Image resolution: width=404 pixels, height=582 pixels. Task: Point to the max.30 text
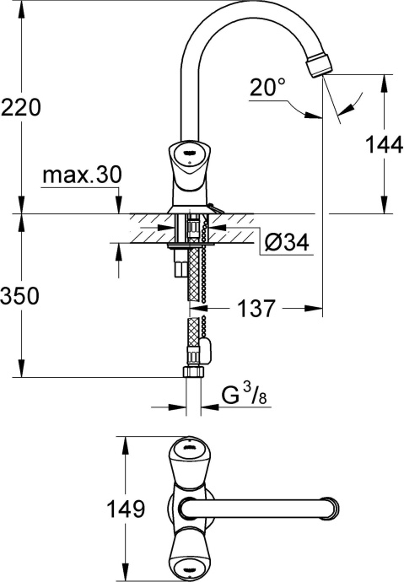(x=82, y=175)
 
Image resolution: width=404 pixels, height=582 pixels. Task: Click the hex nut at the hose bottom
(x=193, y=373)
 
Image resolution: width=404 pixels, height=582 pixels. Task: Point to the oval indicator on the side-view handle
(x=190, y=152)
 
